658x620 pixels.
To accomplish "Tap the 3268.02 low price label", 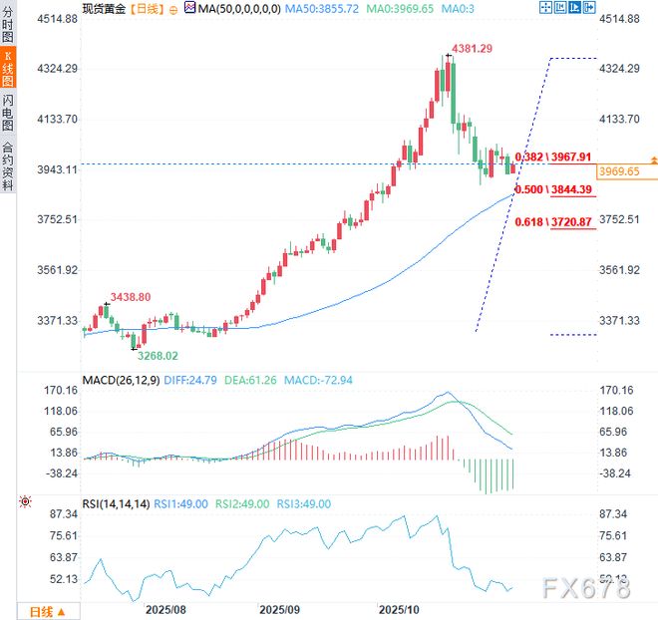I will [158, 355].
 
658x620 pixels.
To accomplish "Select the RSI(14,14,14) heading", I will [116, 504].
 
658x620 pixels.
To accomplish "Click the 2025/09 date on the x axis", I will [279, 607].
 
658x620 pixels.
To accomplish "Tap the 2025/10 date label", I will [400, 607].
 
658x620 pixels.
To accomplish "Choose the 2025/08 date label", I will [165, 607].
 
